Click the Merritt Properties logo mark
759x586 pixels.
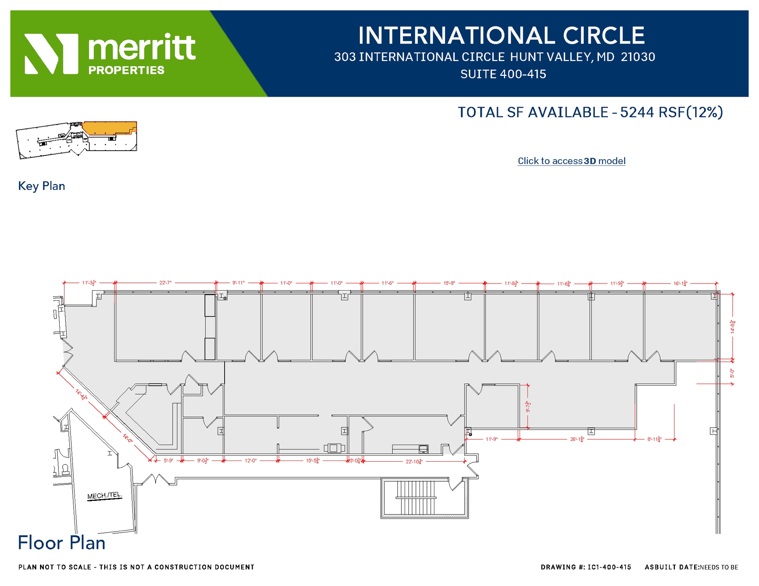(x=51, y=54)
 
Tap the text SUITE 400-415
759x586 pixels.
(x=503, y=74)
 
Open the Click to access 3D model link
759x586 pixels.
(x=571, y=161)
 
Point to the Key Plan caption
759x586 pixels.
(x=42, y=186)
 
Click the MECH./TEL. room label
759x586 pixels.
(x=104, y=496)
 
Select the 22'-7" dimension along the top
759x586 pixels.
(x=165, y=283)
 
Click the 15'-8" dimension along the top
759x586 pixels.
(x=449, y=283)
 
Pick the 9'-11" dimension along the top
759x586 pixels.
(x=238, y=283)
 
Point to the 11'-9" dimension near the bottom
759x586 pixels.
(x=491, y=439)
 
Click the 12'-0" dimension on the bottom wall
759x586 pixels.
(x=251, y=461)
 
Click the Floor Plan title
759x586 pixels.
(x=62, y=543)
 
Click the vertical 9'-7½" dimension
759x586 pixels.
(x=528, y=406)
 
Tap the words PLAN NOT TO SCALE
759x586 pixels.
(x=55, y=567)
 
